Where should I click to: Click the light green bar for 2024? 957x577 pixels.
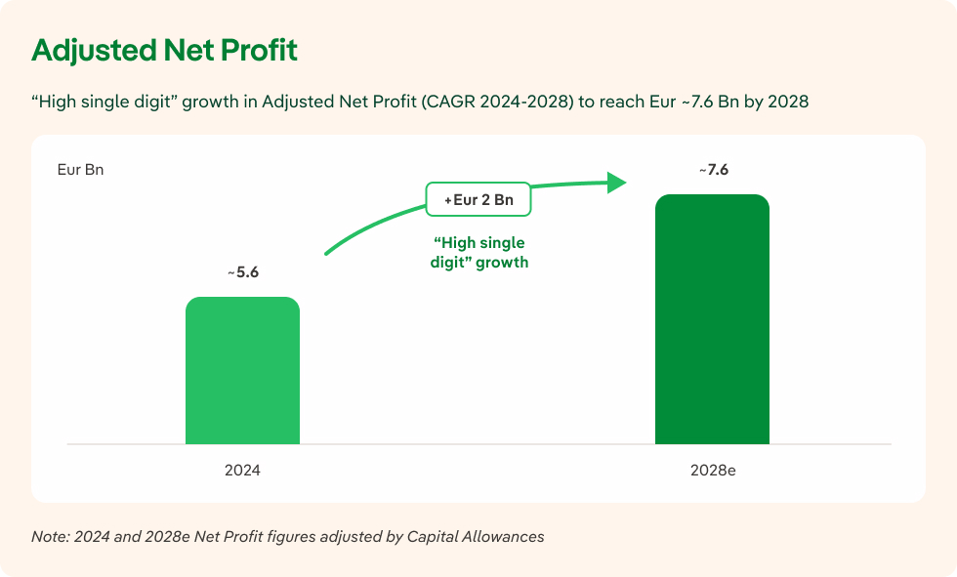pyautogui.click(x=242, y=371)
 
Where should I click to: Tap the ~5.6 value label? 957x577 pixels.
pyautogui.click(x=242, y=272)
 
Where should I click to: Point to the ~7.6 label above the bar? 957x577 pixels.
pyautogui.click(x=713, y=170)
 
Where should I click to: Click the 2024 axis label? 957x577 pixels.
pyautogui.click(x=242, y=470)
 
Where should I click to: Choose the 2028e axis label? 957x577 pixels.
pyautogui.click(x=712, y=470)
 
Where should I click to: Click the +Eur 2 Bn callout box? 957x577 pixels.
pyautogui.click(x=478, y=199)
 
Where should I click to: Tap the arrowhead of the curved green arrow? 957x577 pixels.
pyautogui.click(x=615, y=182)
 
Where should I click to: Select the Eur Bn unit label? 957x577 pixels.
pyautogui.click(x=81, y=170)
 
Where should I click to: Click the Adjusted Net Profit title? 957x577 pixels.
pyautogui.click(x=164, y=51)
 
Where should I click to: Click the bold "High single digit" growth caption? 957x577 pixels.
pyautogui.click(x=478, y=252)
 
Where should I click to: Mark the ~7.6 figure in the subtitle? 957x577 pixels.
pyautogui.click(x=693, y=102)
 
